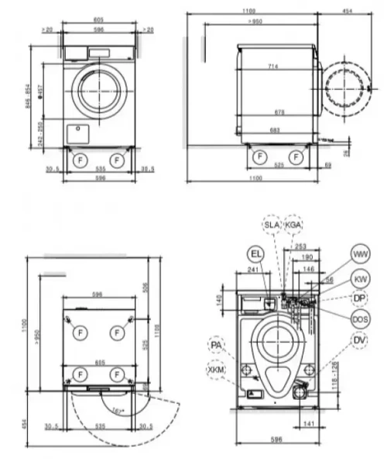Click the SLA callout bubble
pos(272,225)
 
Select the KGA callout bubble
pos(293,225)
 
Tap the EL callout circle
pos(256,253)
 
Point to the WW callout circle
pos(360,254)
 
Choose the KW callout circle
pos(360,277)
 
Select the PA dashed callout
pos(217,343)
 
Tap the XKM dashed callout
pos(217,371)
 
